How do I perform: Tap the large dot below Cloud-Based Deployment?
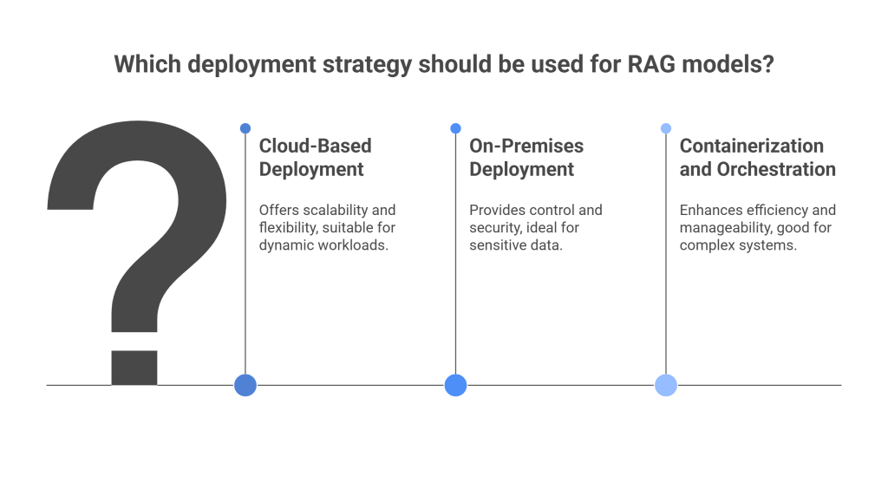click(x=245, y=385)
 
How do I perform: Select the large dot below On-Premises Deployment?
click(x=455, y=385)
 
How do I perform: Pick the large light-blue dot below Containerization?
click(x=666, y=385)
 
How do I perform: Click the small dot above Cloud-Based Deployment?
click(x=245, y=128)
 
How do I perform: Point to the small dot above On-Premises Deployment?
click(x=455, y=128)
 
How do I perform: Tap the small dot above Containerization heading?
click(x=666, y=128)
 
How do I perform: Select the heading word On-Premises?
click(x=526, y=146)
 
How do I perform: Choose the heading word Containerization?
click(x=751, y=146)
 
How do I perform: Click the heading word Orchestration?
click(x=776, y=169)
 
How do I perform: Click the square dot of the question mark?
click(x=134, y=367)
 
